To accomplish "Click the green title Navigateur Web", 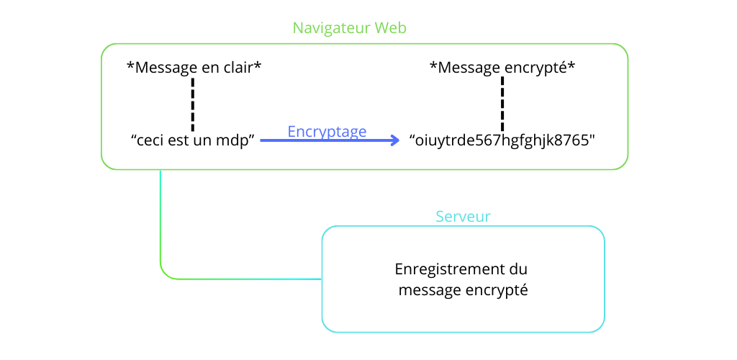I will tap(350, 28).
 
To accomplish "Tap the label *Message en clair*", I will tap(194, 68).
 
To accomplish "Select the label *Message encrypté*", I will tap(502, 68).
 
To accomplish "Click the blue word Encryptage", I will tap(327, 132).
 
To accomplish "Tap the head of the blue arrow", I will tap(394, 141).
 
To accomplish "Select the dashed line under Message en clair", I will tap(193, 104).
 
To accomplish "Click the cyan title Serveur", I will tap(464, 216).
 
